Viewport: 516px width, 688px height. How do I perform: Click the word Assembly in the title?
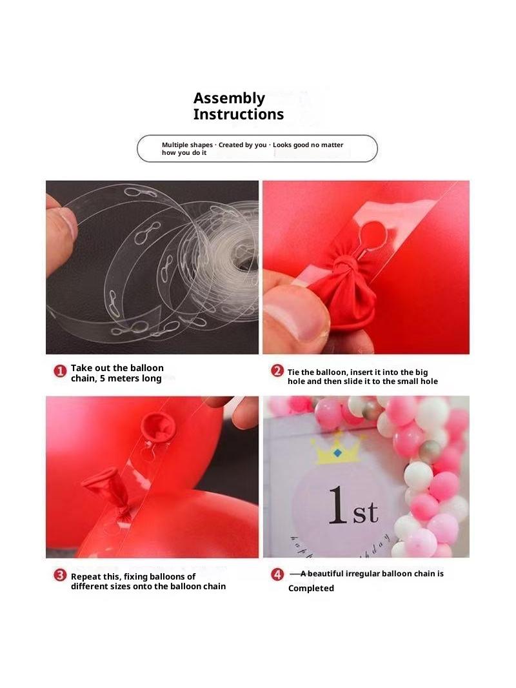click(x=229, y=99)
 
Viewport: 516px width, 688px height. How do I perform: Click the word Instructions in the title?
click(x=239, y=114)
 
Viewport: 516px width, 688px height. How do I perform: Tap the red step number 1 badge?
click(x=60, y=372)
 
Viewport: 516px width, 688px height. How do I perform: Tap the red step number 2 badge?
click(x=277, y=370)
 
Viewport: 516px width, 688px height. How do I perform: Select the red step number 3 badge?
click(x=60, y=575)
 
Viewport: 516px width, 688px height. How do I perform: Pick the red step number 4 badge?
click(x=277, y=574)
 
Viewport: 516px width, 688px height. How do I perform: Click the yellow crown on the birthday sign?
click(x=336, y=449)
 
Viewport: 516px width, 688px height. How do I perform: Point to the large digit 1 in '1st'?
click(x=339, y=505)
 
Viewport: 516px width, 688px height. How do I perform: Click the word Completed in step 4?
click(x=311, y=589)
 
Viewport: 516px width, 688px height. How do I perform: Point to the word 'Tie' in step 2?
click(x=293, y=372)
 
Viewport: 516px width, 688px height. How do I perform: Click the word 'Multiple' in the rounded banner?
click(x=175, y=145)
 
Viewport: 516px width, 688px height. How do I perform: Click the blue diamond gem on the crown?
click(x=337, y=452)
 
